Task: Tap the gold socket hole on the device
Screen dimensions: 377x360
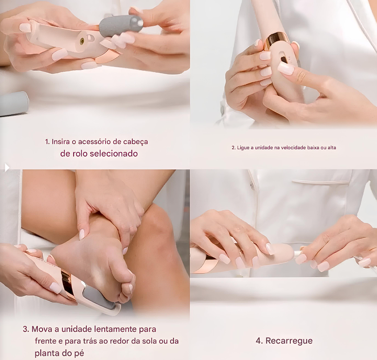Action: tap(82, 41)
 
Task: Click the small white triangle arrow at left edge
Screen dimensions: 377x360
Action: tap(7, 167)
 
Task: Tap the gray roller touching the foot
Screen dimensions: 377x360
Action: tap(99, 297)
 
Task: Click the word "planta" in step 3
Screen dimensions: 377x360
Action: tap(47, 354)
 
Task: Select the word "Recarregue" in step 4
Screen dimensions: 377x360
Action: tap(289, 341)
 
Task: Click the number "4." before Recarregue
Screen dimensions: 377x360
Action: tap(259, 341)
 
